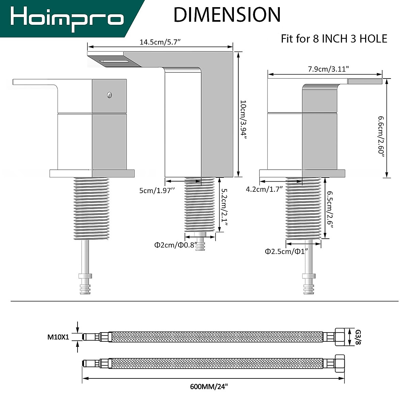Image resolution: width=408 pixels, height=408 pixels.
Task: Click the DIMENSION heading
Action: click(227, 15)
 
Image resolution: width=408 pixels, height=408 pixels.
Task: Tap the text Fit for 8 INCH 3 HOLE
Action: click(334, 39)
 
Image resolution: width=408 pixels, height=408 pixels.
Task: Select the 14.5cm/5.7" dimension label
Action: click(160, 42)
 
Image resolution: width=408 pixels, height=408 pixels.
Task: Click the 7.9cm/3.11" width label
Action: click(328, 69)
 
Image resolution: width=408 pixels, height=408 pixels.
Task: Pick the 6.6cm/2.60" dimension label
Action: click(381, 136)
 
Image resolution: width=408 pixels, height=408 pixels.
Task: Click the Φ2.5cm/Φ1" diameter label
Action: click(286, 251)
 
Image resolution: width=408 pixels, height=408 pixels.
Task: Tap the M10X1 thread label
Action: click(58, 337)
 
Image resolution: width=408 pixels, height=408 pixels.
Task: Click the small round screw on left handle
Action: click(109, 96)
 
